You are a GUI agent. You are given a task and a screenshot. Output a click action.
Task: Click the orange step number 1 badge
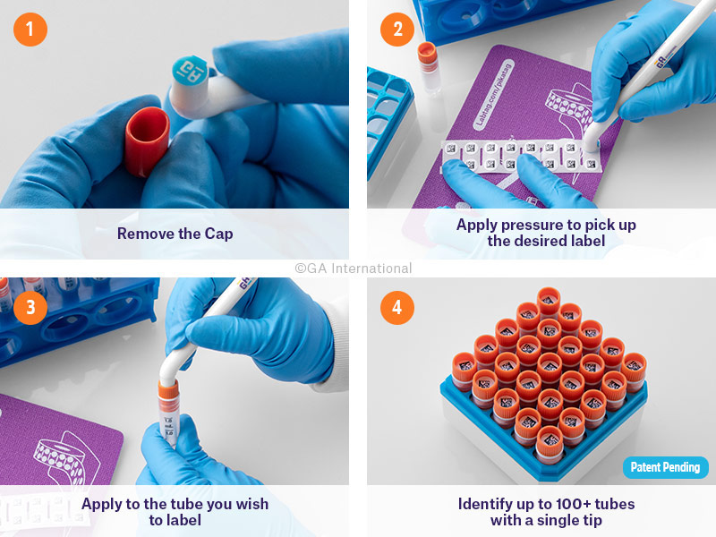tap(30, 30)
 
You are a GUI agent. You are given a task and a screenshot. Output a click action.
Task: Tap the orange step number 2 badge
tap(396, 30)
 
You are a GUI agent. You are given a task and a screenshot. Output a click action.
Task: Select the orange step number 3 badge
tap(30, 307)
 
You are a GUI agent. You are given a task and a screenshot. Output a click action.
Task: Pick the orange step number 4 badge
tap(396, 307)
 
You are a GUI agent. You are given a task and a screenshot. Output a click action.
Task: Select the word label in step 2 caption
tap(586, 241)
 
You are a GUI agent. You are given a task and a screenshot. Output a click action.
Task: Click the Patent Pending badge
tap(665, 467)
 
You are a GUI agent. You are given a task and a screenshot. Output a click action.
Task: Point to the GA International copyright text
tap(354, 268)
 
